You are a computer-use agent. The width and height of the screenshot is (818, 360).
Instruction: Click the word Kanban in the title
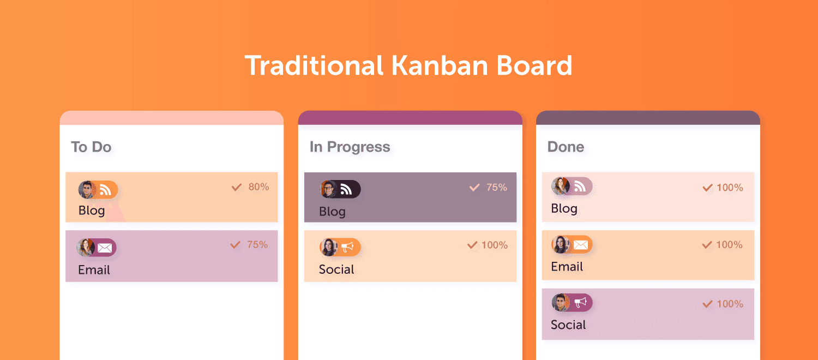[x=440, y=65]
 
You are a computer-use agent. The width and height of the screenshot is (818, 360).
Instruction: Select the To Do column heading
[x=91, y=147]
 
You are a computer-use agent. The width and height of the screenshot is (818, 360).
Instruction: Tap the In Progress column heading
[x=350, y=147]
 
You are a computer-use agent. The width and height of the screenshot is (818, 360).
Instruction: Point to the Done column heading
[x=566, y=147]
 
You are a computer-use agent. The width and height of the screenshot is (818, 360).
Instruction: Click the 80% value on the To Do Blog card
[x=258, y=187]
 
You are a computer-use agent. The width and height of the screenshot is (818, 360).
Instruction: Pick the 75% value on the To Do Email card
[x=257, y=244]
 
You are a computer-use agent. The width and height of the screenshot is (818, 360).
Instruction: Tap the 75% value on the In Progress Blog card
[x=497, y=187]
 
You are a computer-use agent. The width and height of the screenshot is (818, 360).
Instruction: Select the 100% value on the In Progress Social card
[x=495, y=245]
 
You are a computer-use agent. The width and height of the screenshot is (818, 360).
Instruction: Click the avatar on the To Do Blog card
[x=87, y=190]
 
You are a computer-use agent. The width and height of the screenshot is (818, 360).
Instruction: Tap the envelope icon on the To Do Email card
[x=105, y=248]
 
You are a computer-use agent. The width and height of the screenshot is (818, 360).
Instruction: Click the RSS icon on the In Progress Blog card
[x=346, y=189]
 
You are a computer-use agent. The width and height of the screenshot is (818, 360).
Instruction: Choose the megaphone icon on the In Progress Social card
[x=347, y=247]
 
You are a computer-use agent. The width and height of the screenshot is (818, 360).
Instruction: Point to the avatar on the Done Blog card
[x=560, y=186]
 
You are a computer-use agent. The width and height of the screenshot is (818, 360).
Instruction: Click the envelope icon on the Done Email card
[x=581, y=244]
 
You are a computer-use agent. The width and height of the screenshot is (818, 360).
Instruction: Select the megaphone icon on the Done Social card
[x=580, y=303]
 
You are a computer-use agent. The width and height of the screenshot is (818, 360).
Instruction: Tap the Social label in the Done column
[x=568, y=325]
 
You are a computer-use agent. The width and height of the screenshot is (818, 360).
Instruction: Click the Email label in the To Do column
[x=94, y=270]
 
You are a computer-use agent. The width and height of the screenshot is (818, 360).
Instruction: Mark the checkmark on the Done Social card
[x=708, y=304]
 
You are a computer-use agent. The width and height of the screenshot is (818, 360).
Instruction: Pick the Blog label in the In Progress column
[x=332, y=212]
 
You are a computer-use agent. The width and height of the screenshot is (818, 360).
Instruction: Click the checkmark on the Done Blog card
[x=708, y=188]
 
